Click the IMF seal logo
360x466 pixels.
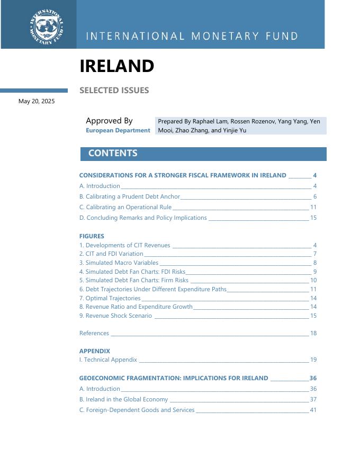47,26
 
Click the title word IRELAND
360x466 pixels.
116,66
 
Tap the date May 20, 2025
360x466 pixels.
37,101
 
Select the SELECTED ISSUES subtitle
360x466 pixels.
114,91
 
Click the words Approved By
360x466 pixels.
109,121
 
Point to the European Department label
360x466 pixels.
118,130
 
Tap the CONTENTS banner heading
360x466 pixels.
113,154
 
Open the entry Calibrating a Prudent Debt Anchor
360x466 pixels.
130,196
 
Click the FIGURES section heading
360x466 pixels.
92,236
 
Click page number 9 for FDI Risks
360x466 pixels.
314,272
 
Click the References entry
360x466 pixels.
94,333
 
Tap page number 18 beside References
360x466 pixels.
313,333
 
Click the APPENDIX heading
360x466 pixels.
95,351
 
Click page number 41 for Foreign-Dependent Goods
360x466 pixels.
313,410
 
